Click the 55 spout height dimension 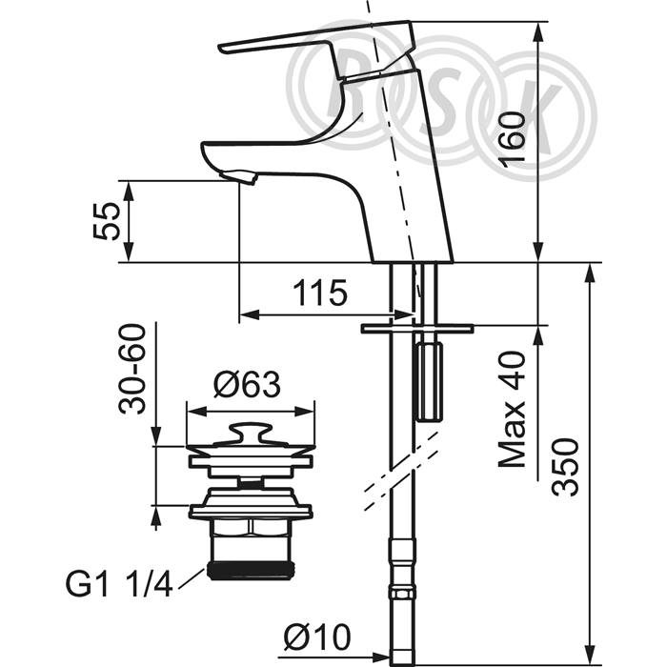[x=107, y=221]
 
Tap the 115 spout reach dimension [x=320, y=293]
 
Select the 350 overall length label [x=566, y=467]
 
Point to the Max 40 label [x=513, y=409]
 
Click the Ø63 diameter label [x=247, y=385]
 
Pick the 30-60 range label [x=131, y=369]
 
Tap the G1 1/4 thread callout [x=119, y=584]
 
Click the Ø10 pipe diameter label [x=317, y=637]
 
